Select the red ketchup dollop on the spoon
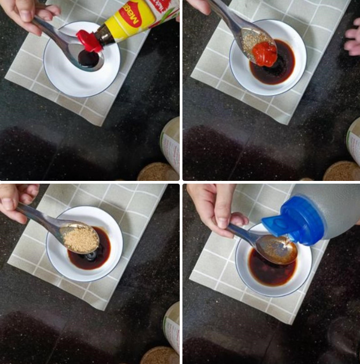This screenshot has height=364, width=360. coord(265,54)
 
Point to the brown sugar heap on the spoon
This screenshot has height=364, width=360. coord(80,238)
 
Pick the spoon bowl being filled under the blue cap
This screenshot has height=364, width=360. coord(278,250)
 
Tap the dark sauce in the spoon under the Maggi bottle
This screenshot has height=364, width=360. coord(88,58)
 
